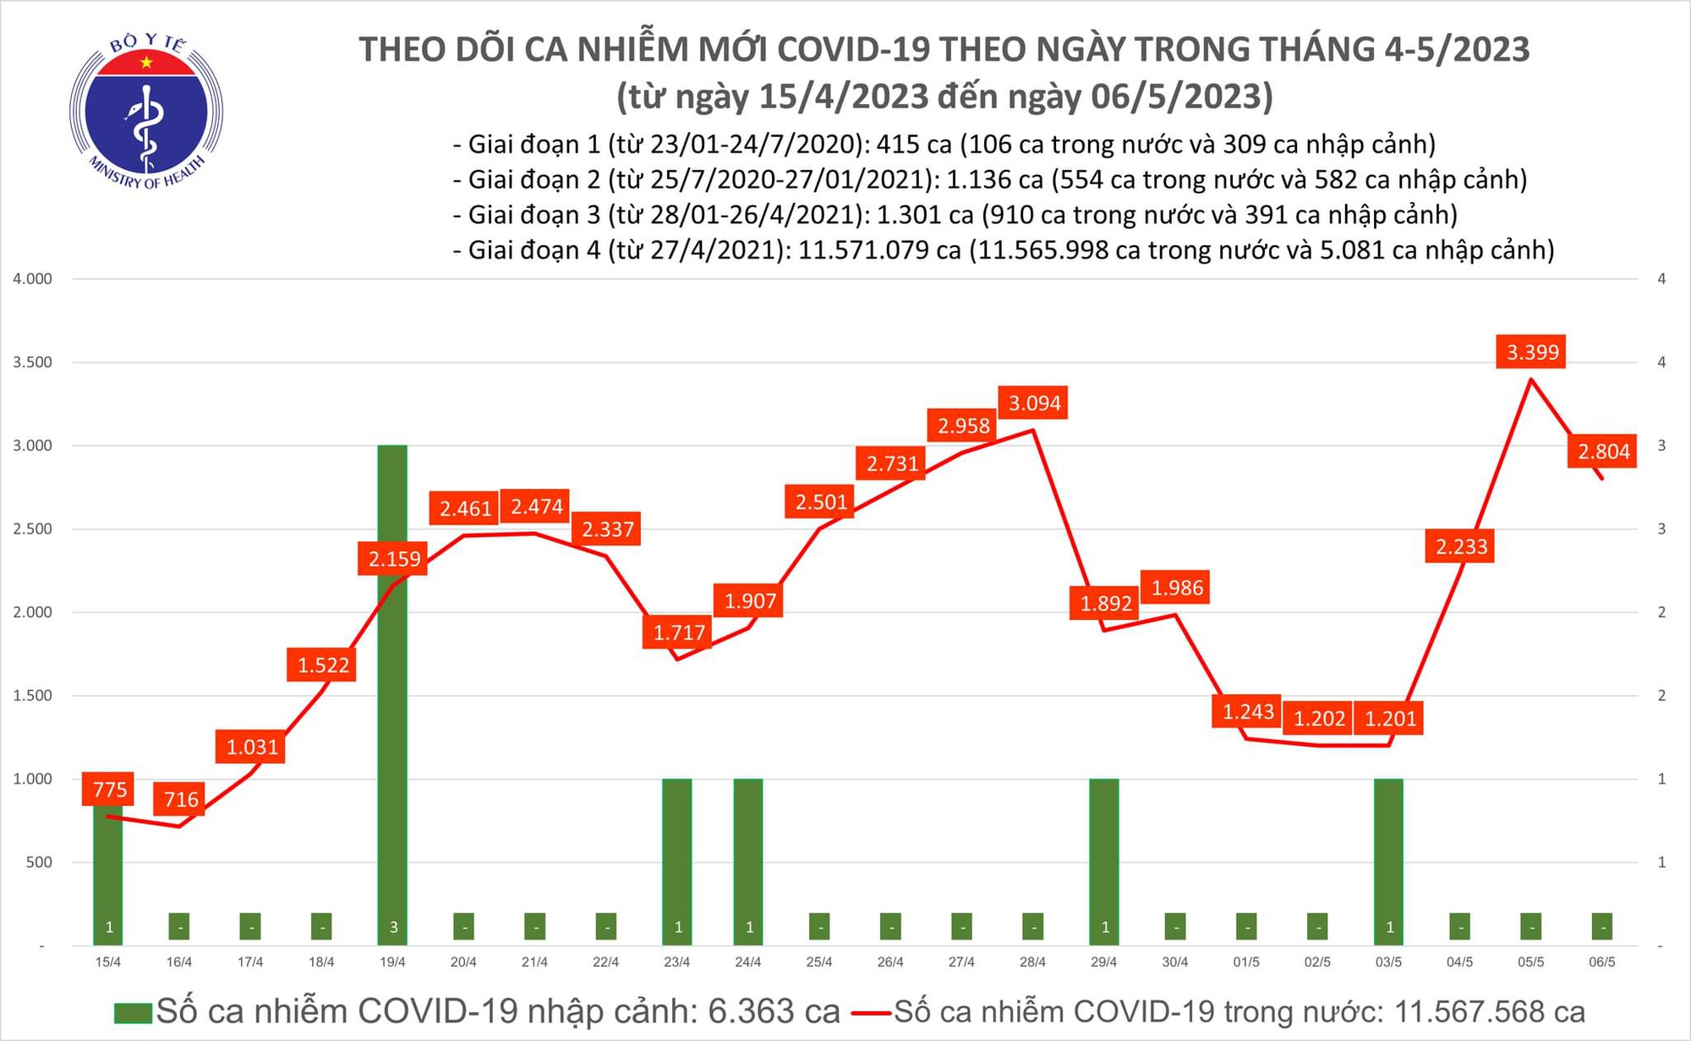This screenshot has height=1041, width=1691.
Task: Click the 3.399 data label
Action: pos(1532,352)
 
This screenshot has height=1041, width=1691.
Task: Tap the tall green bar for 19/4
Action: pos(392,693)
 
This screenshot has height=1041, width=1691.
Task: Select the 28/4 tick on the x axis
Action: pos(1032,962)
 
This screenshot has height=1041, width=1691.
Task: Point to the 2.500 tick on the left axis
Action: pos(32,529)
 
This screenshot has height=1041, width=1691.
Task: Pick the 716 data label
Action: pos(181,799)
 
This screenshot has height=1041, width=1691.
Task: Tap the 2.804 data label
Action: pos(1603,452)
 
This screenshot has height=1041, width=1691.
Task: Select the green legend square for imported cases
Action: pos(133,1012)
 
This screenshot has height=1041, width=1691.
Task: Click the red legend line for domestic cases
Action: pos(871,1012)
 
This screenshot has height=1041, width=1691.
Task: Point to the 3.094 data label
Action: pos(1034,403)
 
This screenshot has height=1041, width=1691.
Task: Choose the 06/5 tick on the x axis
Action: pos(1601,962)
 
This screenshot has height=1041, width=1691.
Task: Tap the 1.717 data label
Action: pos(678,633)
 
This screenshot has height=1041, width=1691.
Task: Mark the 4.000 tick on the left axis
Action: pos(32,279)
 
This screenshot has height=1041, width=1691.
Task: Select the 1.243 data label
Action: pos(1248,712)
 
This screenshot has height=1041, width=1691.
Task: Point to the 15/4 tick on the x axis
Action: pos(108,962)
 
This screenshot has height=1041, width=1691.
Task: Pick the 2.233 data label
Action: pos(1461,547)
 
